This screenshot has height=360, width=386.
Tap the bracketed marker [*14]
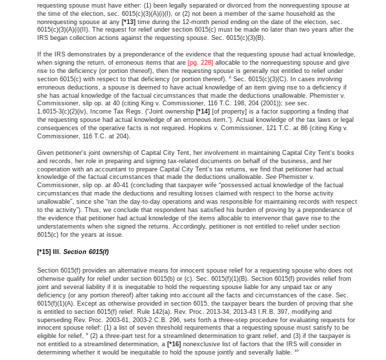204,111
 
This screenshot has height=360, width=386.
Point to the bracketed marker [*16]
174,343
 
